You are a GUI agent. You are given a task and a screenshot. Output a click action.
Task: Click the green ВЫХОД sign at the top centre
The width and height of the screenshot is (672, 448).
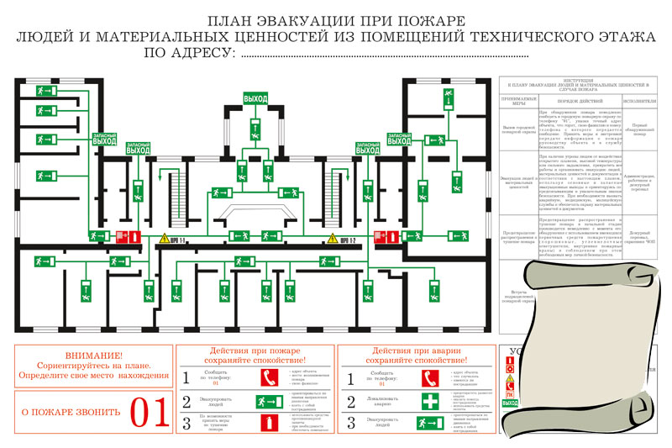(255, 99)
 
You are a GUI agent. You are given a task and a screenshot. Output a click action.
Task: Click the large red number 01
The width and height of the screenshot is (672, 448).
(152, 411)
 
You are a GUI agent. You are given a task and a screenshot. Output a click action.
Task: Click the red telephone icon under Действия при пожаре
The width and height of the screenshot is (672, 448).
(269, 378)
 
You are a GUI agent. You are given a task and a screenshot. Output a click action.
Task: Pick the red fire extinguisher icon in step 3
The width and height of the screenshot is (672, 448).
(269, 422)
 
